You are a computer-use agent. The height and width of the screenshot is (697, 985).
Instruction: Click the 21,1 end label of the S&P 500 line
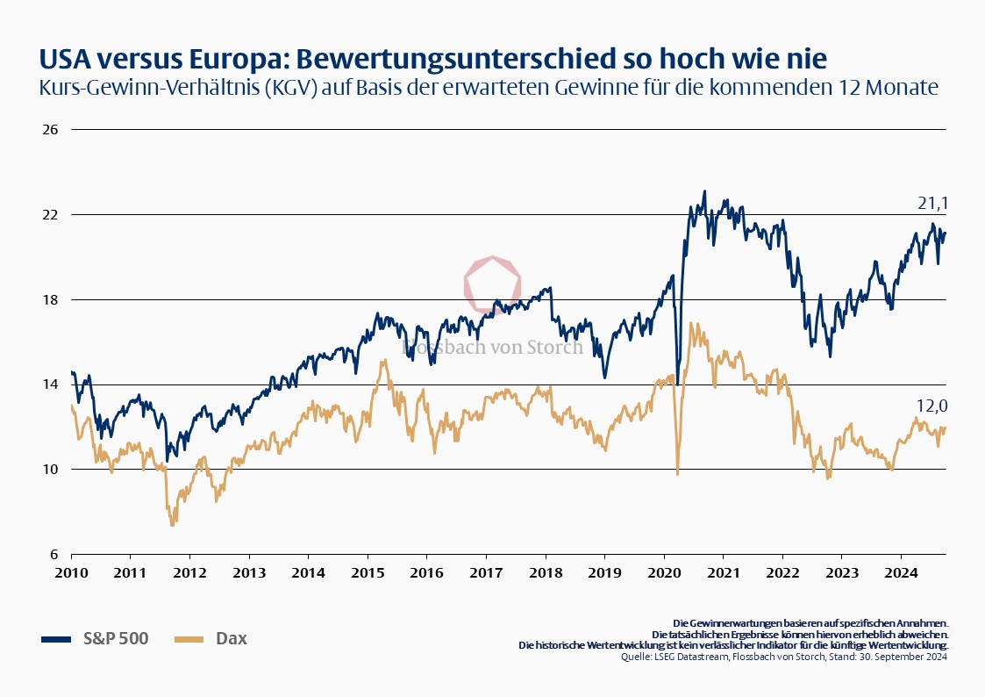pos(932,204)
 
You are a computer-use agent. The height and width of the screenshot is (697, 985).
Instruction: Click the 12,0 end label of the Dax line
pos(932,406)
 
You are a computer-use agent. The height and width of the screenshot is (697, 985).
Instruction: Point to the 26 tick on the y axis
pos(50,130)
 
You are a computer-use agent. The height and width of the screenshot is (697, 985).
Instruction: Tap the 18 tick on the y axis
pos(50,299)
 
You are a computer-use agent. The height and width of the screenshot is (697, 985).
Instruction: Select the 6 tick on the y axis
pos(52,554)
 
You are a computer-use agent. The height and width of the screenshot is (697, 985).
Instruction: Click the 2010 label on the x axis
pos(71,572)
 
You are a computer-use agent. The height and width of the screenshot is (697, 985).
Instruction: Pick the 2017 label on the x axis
pos(485,572)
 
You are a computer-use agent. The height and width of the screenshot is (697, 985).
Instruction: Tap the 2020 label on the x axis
pos(663,572)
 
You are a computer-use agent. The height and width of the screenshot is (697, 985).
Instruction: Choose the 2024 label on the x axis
pos(900,572)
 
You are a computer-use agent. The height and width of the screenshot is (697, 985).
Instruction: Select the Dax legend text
pos(232,638)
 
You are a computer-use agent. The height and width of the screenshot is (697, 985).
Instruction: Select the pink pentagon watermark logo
pos(492,284)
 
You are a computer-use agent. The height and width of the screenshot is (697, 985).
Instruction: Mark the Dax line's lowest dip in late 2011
pos(172,524)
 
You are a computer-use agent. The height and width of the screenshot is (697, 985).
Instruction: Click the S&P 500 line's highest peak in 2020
pos(704,191)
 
